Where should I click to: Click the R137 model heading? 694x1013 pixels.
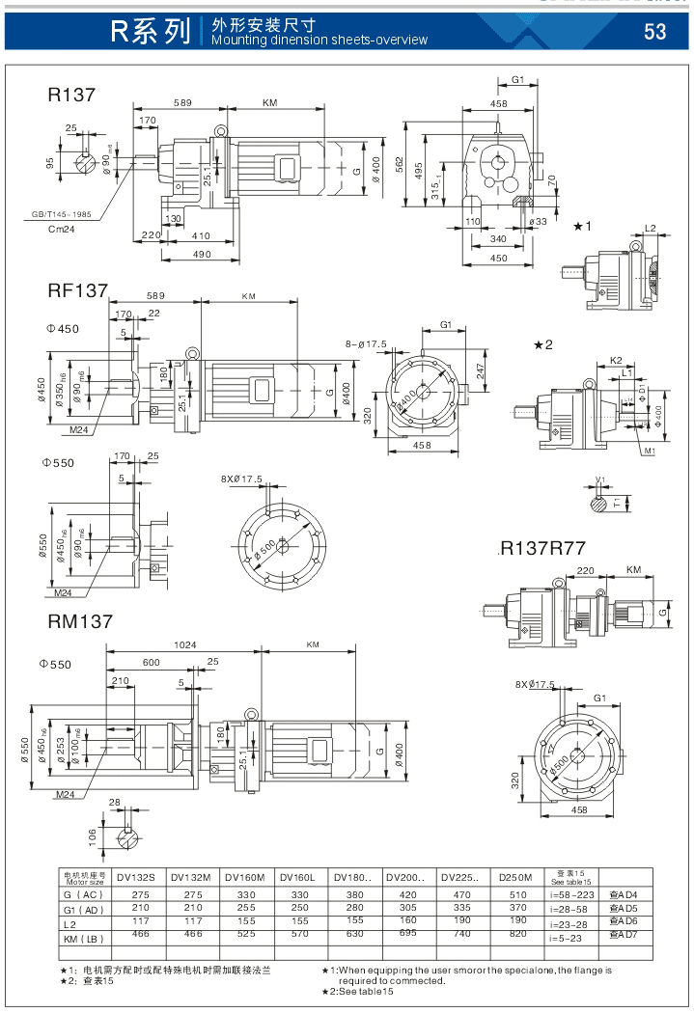click(71, 95)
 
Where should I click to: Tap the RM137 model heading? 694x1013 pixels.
click(80, 622)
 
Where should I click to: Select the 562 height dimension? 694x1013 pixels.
click(399, 164)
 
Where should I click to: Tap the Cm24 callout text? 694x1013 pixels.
click(61, 229)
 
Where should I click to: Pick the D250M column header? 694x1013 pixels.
click(516, 877)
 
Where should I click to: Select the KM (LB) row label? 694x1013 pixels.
click(83, 935)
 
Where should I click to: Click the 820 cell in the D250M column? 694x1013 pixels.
click(516, 935)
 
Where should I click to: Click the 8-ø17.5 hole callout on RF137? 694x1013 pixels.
click(367, 343)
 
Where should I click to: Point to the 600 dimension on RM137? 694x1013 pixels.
click(152, 662)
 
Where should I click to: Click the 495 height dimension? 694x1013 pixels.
click(420, 167)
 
